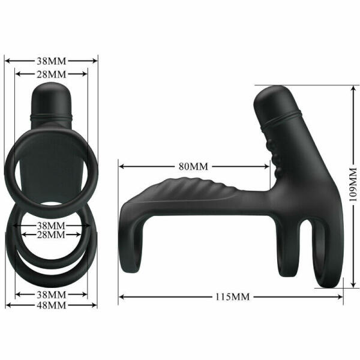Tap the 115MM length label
coord(232,296)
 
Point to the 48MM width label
coord(50,305)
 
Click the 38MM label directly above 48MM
coord(50,295)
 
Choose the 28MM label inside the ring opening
coord(50,235)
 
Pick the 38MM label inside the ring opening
coord(50,225)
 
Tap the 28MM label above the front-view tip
coord(50,74)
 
